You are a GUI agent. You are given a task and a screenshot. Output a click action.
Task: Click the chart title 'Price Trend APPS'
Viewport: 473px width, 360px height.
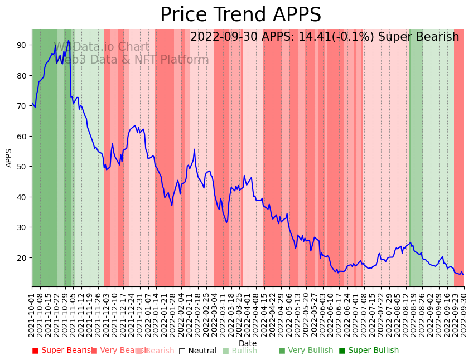pos(240,15)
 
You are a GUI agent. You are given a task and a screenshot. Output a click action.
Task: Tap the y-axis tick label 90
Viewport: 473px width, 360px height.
pos(22,45)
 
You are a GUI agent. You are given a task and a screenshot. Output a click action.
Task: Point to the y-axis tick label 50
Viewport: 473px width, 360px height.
pos(22,167)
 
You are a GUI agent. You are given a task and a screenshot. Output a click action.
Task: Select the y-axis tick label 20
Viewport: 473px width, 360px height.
pos(22,258)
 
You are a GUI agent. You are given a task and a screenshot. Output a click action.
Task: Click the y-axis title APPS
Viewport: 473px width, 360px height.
pos(9,158)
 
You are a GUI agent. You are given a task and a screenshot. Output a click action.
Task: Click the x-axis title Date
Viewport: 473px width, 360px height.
pos(248,343)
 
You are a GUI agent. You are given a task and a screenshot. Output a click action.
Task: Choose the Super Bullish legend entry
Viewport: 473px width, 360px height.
pos(369,351)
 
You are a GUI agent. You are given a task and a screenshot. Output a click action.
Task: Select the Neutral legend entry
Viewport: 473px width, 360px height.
pos(198,351)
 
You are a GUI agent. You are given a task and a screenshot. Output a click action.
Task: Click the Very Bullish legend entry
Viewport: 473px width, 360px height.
pos(306,351)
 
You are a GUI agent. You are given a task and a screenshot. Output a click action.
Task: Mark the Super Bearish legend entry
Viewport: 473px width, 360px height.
pos(63,351)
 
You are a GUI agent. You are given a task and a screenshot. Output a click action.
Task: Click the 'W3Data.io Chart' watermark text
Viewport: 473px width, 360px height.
pos(102,47)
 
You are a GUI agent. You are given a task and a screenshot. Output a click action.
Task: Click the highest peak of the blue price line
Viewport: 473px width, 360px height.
pos(69,41)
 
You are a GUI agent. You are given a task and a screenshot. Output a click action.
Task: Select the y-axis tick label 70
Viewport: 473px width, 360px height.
pos(22,106)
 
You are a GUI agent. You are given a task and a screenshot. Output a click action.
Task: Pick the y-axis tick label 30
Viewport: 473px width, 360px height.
pos(22,227)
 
